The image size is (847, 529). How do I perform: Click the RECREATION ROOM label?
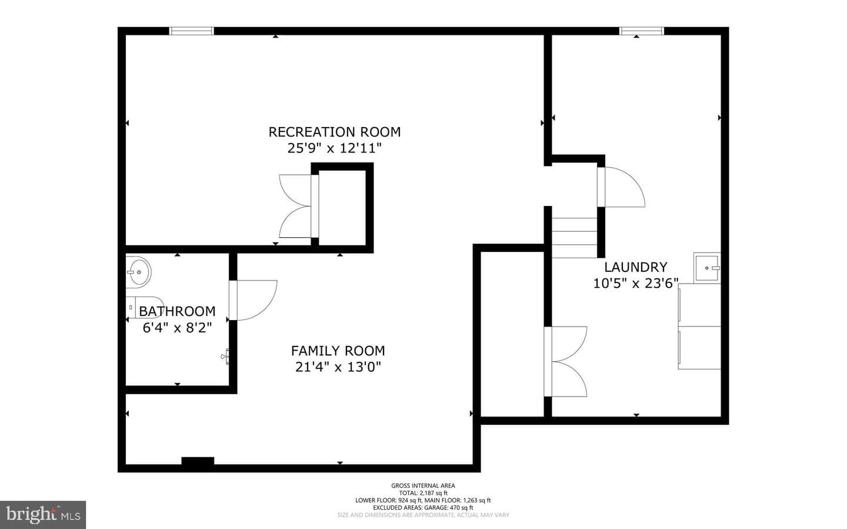pos(334,132)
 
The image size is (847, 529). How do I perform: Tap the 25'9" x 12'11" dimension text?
pos(334,148)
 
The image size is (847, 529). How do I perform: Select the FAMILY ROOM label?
pos(338,351)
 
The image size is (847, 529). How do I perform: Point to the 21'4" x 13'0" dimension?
pos(338,367)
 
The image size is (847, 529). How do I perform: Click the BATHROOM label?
pos(178,311)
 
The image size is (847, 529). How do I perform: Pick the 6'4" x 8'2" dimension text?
pos(178,328)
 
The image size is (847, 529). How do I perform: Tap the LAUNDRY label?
pos(636,267)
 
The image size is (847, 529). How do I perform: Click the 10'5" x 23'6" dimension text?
pos(636,284)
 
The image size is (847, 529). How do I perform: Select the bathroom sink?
pos(138,272)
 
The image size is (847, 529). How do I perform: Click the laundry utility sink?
pos(707,268)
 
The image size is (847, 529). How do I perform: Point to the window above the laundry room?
pos(641,31)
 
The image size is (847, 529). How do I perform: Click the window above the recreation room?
pos(191,31)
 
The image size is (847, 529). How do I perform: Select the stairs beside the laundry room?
pos(574,238)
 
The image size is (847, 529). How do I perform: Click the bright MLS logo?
pos(43,515)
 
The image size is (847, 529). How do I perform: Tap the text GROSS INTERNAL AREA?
pos(423,485)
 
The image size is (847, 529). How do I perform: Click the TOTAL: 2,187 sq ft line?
pos(423,493)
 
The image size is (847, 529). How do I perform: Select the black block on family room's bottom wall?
pos(198,461)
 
